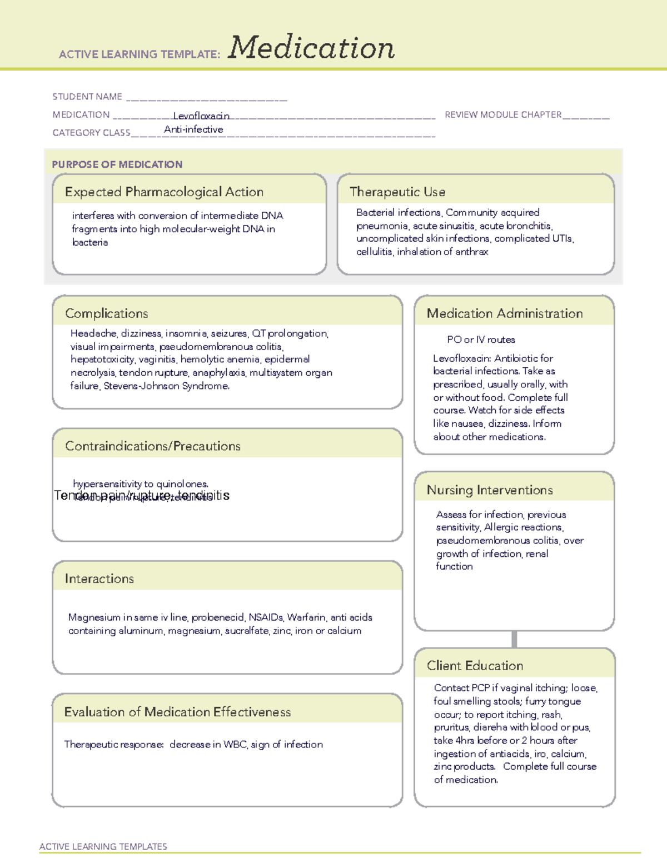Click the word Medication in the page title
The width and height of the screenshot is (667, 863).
(311, 48)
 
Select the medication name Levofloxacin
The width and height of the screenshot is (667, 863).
(201, 116)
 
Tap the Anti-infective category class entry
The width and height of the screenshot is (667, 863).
(193, 129)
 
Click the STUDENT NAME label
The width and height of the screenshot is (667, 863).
(87, 97)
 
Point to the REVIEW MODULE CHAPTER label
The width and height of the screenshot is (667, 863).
(503, 114)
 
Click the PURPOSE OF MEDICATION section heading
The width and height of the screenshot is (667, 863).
(117, 164)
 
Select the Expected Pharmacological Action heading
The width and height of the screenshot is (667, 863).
(164, 192)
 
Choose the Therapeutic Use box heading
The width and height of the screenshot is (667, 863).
(397, 192)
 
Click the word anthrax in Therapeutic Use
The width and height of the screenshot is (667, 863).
(472, 252)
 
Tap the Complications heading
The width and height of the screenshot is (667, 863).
(107, 313)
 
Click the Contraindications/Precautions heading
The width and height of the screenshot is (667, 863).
(153, 446)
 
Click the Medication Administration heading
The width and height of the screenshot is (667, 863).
(505, 313)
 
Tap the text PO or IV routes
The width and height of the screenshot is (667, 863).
(481, 340)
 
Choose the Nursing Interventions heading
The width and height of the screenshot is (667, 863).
(490, 490)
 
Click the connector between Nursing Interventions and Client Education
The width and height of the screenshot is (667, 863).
(514, 639)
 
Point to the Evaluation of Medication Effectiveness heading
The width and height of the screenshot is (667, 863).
(177, 712)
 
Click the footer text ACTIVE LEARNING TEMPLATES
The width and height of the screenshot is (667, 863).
(103, 846)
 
